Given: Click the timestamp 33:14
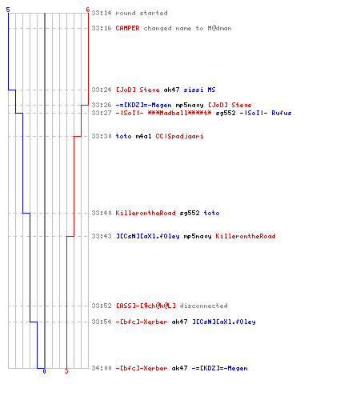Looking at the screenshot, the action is tap(102, 13).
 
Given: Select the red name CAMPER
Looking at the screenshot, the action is tap(127, 28).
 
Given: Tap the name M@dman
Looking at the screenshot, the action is tap(219, 28).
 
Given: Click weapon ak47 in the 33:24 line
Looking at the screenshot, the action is tap(171, 90).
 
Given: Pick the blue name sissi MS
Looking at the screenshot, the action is tap(199, 90).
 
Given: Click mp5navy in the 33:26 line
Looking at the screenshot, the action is tap(190, 106).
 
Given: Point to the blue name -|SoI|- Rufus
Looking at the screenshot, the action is tap(266, 113).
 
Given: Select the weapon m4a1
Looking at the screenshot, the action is tap(143, 136).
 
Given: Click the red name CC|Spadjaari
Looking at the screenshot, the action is tap(179, 136).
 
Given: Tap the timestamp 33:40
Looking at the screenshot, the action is tap(102, 213).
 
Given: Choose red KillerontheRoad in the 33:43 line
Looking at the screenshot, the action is tap(246, 236).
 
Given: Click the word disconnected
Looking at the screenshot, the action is tap(203, 306).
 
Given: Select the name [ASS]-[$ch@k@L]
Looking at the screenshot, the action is tap(146, 306).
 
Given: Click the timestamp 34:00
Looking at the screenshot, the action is tap(102, 368).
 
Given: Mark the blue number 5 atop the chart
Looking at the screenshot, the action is tap(8, 10).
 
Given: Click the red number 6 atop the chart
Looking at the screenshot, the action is tap(88, 10).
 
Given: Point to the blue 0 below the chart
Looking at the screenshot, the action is tap(44, 371).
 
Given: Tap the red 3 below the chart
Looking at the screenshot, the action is tap(66, 371).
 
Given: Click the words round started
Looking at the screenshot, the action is tap(142, 13).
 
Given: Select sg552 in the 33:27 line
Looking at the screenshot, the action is tap(226, 113).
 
